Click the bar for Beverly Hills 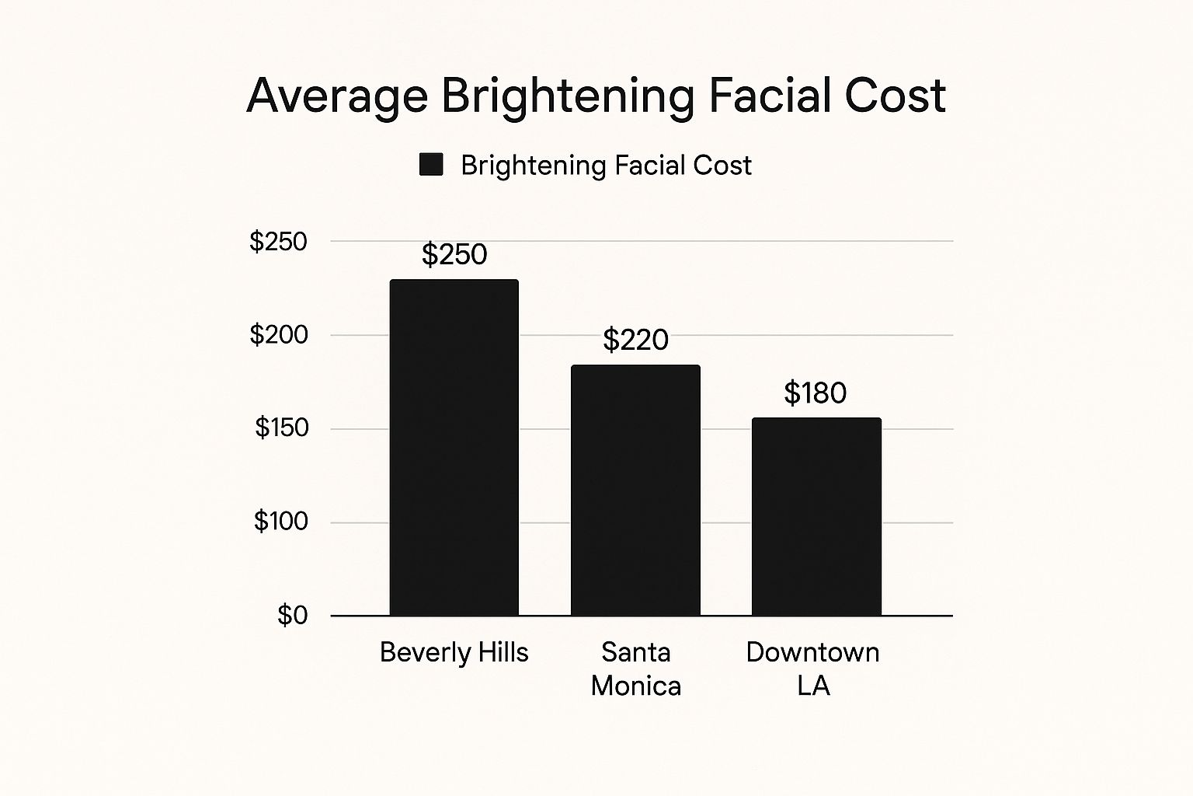coord(454,448)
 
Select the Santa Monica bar coord(635,491)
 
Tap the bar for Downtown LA coord(816,517)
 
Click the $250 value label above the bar coord(454,254)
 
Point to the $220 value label coord(635,340)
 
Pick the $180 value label coord(815,393)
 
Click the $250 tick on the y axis coord(278,242)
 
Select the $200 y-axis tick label coord(278,335)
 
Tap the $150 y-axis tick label coord(281,428)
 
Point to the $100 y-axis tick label coord(280,521)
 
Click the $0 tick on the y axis coord(292,616)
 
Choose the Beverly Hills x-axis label coord(454,652)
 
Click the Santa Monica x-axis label coord(635,669)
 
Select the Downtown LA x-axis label coord(813,669)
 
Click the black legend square coord(431,165)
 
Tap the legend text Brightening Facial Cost coord(606,166)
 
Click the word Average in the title coord(337,96)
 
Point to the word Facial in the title coord(769,96)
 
